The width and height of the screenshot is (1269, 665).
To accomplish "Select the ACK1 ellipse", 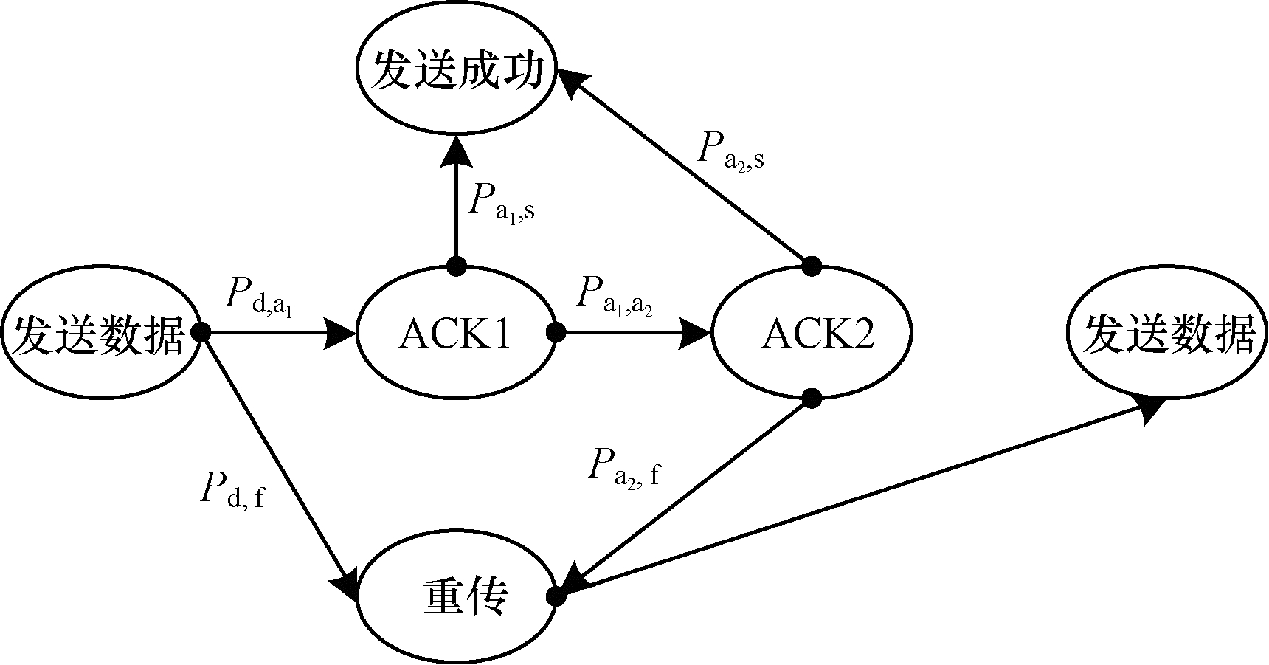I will (x=456, y=334).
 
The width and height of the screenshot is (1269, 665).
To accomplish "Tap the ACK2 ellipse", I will (x=812, y=334).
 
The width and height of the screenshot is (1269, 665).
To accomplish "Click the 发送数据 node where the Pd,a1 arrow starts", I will (x=100, y=334).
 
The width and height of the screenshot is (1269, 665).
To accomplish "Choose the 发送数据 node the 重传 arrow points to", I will (x=1167, y=334).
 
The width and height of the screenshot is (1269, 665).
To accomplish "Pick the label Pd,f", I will (x=232, y=491).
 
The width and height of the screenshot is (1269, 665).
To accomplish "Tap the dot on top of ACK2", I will (x=812, y=263).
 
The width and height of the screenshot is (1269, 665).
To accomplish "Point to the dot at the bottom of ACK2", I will (x=812, y=399).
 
